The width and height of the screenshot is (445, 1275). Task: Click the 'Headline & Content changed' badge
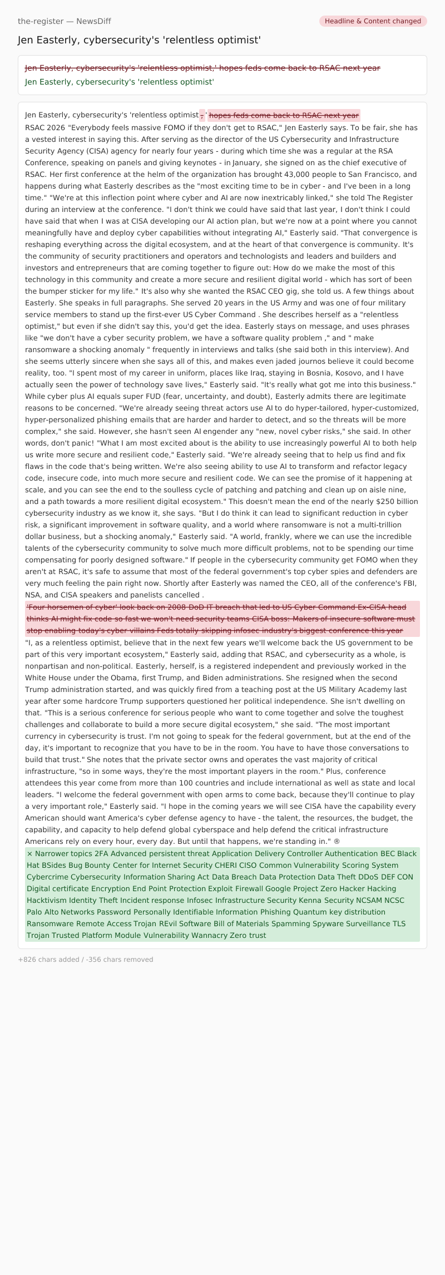[373, 21]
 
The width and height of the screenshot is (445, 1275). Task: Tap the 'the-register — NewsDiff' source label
[65, 21]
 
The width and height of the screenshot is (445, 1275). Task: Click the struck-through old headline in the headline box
[202, 68]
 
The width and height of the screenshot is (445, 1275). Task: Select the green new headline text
[120, 82]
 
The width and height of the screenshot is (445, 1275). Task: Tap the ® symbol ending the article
[337, 841]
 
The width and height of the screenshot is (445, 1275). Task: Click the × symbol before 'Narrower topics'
[29, 853]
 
